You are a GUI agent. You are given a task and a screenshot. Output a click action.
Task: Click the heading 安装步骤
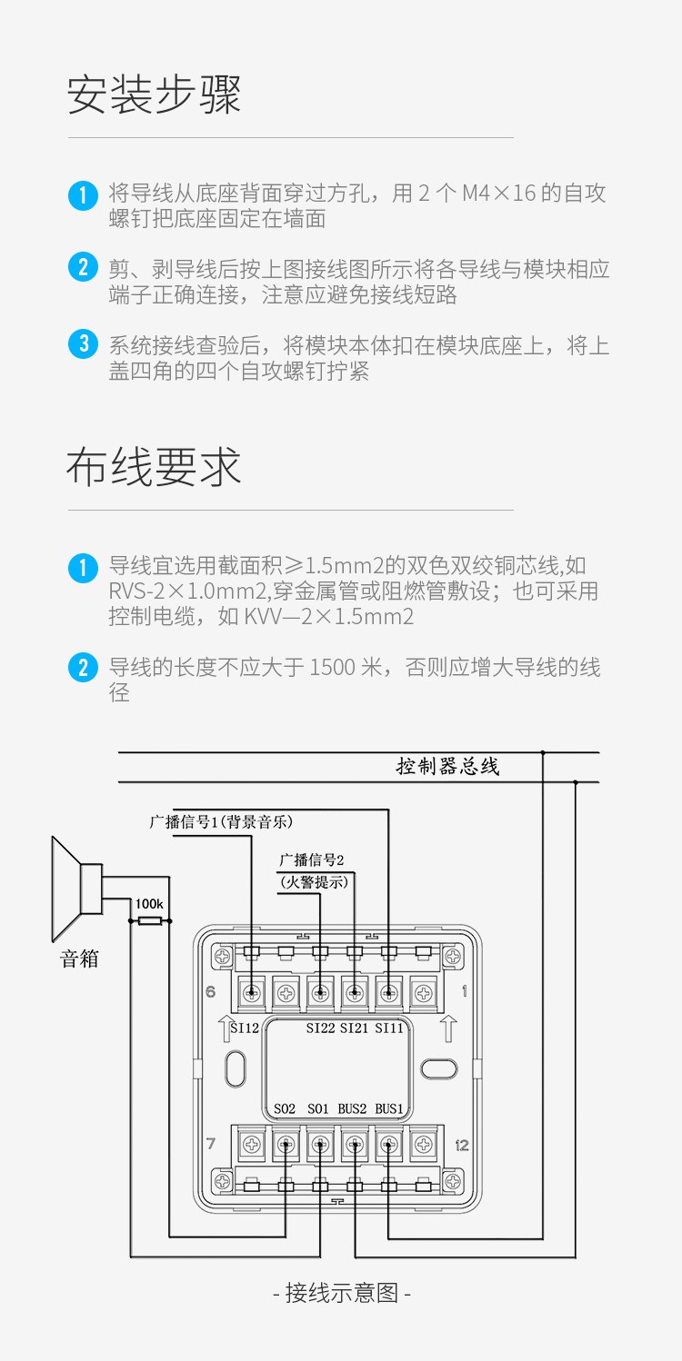[x=155, y=95]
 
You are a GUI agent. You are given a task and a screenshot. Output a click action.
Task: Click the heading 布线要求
[x=154, y=468]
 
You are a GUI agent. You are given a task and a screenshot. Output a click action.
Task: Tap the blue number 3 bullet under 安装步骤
[x=83, y=343]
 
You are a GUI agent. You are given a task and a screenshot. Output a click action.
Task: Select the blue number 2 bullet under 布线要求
[x=83, y=668]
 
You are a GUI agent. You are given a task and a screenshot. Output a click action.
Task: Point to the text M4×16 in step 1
[x=499, y=193]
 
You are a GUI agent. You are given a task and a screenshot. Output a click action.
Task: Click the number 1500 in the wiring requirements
[x=333, y=668]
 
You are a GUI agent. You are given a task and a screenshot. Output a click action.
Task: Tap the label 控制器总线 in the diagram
[x=447, y=766]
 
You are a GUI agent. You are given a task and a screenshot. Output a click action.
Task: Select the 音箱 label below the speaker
[x=79, y=959]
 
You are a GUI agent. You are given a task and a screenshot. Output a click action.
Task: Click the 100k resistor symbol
[x=150, y=921]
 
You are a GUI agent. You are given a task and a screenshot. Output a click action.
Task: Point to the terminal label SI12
[x=245, y=1028]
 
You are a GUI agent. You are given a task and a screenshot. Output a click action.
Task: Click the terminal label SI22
[x=320, y=1028]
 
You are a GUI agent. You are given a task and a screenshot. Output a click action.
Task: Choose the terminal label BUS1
[x=389, y=1109]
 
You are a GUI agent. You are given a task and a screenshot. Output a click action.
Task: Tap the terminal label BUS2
[x=353, y=1109]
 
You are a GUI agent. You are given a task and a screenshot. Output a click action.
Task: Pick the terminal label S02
[x=285, y=1109]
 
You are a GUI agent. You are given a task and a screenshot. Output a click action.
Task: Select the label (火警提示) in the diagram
[x=314, y=880]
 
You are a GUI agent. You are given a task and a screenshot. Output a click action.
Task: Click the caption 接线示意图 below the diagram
[x=341, y=1293]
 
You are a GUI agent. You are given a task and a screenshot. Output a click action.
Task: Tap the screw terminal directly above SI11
[x=389, y=992]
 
